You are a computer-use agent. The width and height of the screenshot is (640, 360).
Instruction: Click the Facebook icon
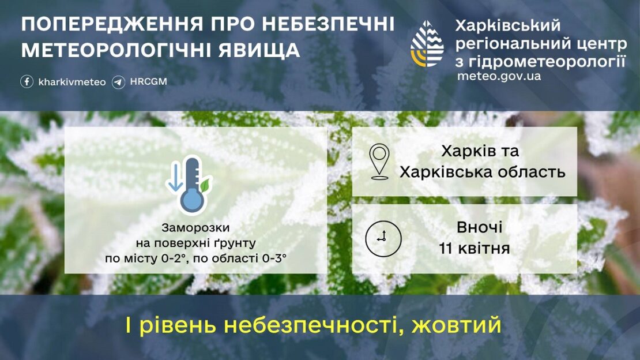pyautogui.click(x=27, y=82)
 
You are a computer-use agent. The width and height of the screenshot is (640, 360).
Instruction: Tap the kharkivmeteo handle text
pyautogui.click(x=72, y=82)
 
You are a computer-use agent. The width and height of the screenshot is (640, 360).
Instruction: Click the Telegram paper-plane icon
pyautogui.click(x=119, y=82)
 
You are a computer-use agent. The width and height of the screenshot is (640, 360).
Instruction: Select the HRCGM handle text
pyautogui.click(x=148, y=82)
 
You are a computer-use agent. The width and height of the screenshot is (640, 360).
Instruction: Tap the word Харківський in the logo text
pyautogui.click(x=507, y=25)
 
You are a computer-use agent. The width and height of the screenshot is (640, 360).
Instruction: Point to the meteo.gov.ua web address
pyautogui.click(x=499, y=76)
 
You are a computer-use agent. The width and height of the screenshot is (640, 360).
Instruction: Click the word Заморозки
pyautogui.click(x=196, y=228)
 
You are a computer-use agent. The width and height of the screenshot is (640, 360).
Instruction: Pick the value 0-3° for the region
pyautogui.click(x=275, y=258)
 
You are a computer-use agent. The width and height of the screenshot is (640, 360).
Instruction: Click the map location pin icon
pyautogui.click(x=379, y=162)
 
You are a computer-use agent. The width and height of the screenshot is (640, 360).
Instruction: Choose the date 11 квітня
pyautogui.click(x=474, y=249)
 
